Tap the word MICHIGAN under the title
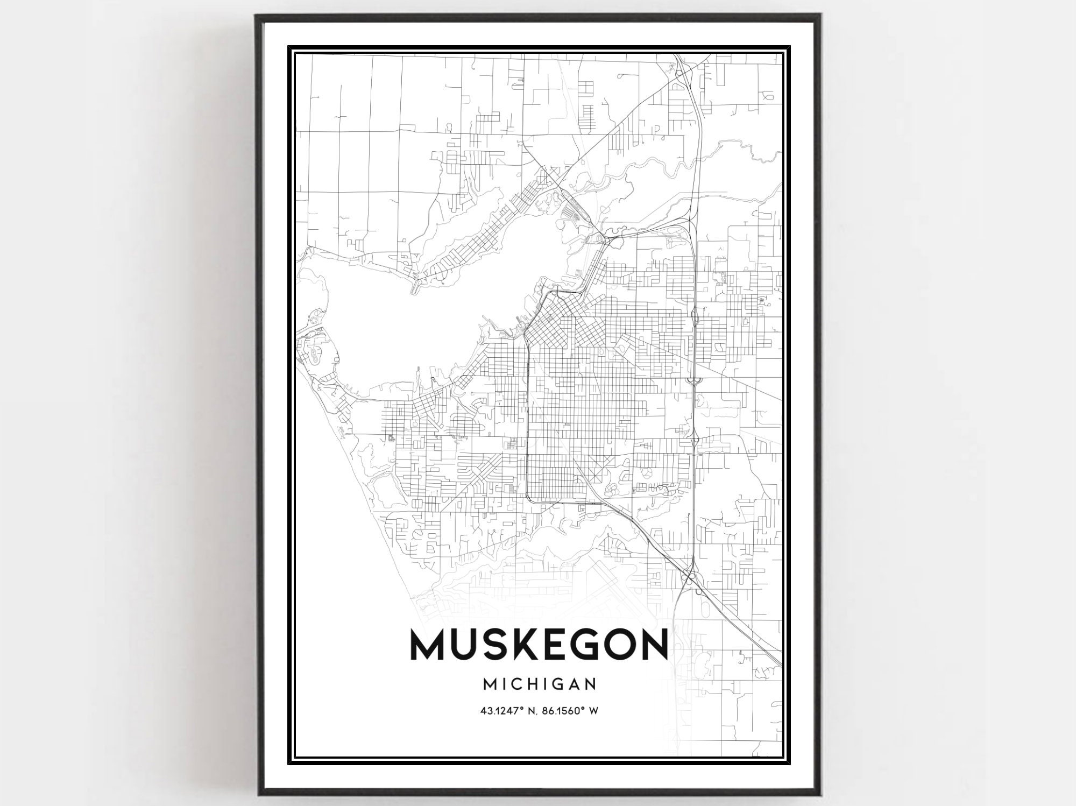539,684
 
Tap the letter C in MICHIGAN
520,684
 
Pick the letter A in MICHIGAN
574,684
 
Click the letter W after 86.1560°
594,711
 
